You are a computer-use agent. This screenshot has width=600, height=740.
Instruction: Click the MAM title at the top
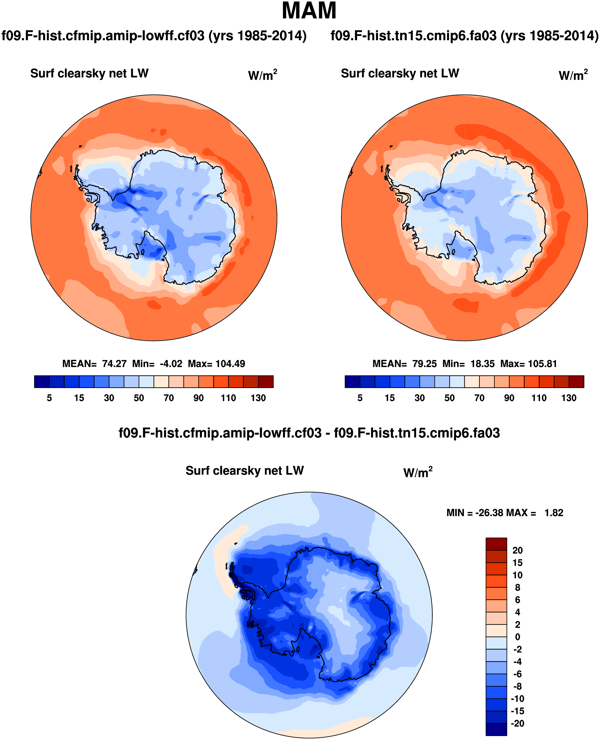(x=309, y=11)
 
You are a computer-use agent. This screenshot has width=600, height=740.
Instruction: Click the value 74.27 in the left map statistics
(x=114, y=364)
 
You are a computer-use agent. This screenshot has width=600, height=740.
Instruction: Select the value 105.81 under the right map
(x=542, y=364)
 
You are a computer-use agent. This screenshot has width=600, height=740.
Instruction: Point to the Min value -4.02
(x=171, y=364)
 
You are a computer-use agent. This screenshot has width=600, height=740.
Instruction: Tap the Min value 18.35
(x=483, y=364)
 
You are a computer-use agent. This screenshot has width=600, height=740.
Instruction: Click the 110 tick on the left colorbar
(x=228, y=398)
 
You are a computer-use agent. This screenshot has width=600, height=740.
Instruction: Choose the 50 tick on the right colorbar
(x=449, y=398)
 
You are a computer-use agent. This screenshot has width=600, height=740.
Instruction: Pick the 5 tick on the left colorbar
(x=50, y=398)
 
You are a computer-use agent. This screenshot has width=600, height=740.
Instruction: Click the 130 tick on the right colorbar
(x=569, y=398)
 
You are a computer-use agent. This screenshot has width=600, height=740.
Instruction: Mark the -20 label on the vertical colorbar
(x=517, y=723)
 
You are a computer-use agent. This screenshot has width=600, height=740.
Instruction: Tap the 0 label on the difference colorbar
(x=517, y=637)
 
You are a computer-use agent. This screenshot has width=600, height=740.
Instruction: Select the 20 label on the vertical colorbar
(x=517, y=550)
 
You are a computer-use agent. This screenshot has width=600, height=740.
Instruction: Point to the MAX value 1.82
(x=554, y=513)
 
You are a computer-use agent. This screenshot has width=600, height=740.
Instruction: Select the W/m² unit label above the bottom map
(x=418, y=472)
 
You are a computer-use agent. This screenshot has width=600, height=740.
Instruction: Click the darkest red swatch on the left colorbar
(x=266, y=382)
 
